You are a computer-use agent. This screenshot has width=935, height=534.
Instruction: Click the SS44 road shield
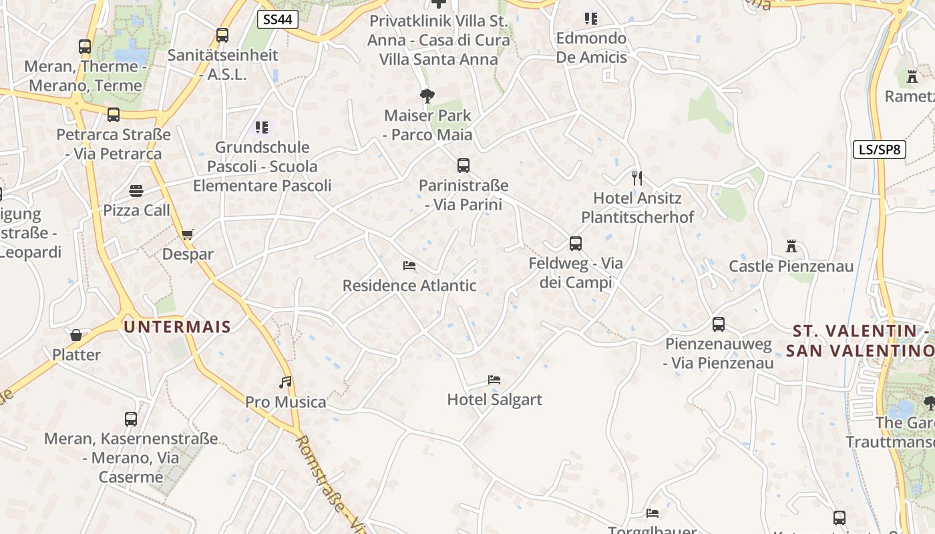[x=277, y=19]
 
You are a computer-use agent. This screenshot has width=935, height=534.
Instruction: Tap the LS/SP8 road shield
[x=880, y=150]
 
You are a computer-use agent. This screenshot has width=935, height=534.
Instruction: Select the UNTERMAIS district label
[x=177, y=327]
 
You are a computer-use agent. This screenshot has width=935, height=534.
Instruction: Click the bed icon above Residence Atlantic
[x=409, y=266]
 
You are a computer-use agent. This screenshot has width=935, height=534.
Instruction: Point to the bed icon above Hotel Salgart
[x=494, y=380]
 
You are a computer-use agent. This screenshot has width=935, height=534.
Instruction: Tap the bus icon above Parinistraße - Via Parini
[x=463, y=166]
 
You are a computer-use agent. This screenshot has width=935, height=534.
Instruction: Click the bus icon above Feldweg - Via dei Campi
[x=576, y=244]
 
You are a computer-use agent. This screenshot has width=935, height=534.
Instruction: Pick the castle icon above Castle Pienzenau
[x=791, y=246]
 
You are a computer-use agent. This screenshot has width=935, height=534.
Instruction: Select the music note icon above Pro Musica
[x=285, y=382]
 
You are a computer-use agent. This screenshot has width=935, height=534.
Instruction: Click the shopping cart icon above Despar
[x=188, y=234]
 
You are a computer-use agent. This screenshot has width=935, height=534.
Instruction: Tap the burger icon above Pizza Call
[x=136, y=191]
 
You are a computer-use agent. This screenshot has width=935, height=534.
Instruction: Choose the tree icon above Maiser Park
[x=427, y=96]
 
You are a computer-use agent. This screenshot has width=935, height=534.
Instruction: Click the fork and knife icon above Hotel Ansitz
[x=637, y=178]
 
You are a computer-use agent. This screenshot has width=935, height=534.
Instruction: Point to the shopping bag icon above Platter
[x=76, y=335]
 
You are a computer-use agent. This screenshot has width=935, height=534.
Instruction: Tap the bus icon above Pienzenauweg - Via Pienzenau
[x=719, y=324]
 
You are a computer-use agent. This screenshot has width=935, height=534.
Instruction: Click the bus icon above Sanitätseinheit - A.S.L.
[x=222, y=35]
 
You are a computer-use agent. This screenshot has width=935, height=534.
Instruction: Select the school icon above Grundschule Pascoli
[x=262, y=127]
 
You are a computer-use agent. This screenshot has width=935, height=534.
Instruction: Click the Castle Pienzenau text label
[x=791, y=266]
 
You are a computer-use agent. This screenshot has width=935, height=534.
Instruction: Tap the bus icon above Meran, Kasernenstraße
[x=131, y=419]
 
